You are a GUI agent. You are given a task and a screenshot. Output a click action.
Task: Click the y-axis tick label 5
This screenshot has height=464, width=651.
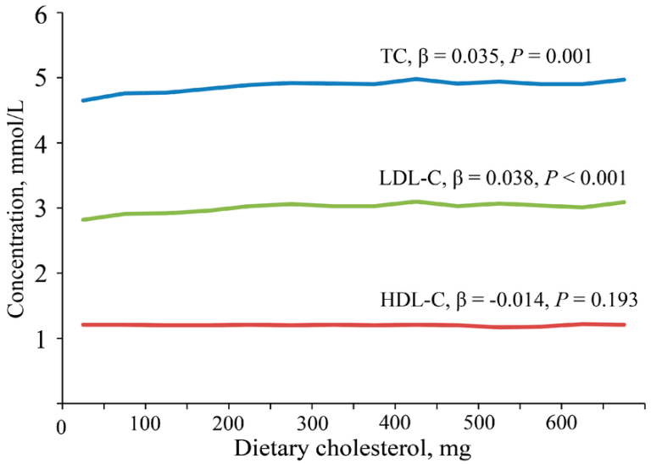[x=41, y=79]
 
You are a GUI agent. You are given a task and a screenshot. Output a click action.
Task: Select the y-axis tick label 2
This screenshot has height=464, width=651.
[x=41, y=273]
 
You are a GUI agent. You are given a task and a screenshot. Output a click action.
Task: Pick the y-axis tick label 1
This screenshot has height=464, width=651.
[x=41, y=339]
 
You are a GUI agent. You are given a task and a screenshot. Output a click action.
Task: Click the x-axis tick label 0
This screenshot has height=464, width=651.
[x=62, y=424]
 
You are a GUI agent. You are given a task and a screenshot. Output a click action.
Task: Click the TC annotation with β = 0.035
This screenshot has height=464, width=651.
[x=485, y=57]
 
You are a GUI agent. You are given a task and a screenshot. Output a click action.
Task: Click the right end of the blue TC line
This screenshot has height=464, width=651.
[x=625, y=80]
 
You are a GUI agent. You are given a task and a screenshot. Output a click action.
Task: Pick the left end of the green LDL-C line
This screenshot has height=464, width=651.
[x=82, y=219]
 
